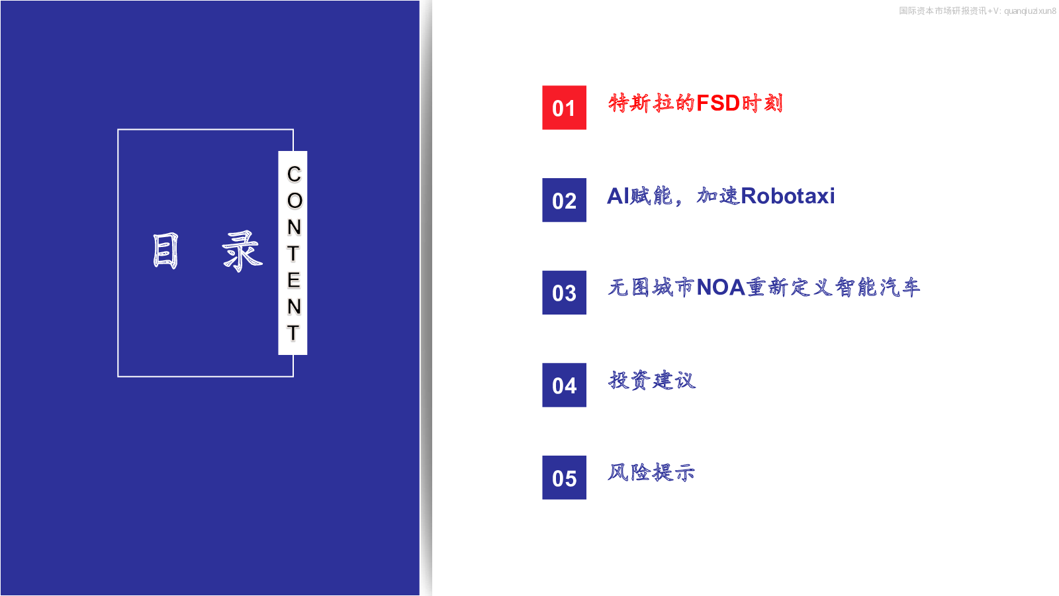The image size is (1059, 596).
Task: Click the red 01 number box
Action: pos(564,107)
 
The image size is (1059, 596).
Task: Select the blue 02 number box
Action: pos(564,200)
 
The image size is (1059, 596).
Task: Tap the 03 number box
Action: pos(564,292)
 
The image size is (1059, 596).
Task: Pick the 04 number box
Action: pos(564,385)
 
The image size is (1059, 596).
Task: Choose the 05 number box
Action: pos(564,477)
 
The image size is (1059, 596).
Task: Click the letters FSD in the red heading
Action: pos(717,103)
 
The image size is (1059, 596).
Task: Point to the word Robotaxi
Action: pos(788,196)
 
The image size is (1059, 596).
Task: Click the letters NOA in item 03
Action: pos(721,287)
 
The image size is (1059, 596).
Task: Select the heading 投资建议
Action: pos(651,380)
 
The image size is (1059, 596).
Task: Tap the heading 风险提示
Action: pos(651,473)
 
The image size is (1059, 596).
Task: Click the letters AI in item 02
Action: pos(618,196)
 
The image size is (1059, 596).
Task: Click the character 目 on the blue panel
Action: pos(165,251)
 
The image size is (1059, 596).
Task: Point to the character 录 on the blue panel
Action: pos(242,251)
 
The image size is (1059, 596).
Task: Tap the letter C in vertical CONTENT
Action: pos(294,174)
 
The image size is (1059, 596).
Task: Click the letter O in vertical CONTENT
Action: pos(294,201)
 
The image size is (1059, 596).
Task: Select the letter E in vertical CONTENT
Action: pos(294,281)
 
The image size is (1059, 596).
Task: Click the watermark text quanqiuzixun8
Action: pos(1030,11)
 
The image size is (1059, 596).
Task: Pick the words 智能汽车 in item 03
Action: pos(878,287)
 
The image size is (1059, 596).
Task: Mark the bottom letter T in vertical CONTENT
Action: pos(293,333)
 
